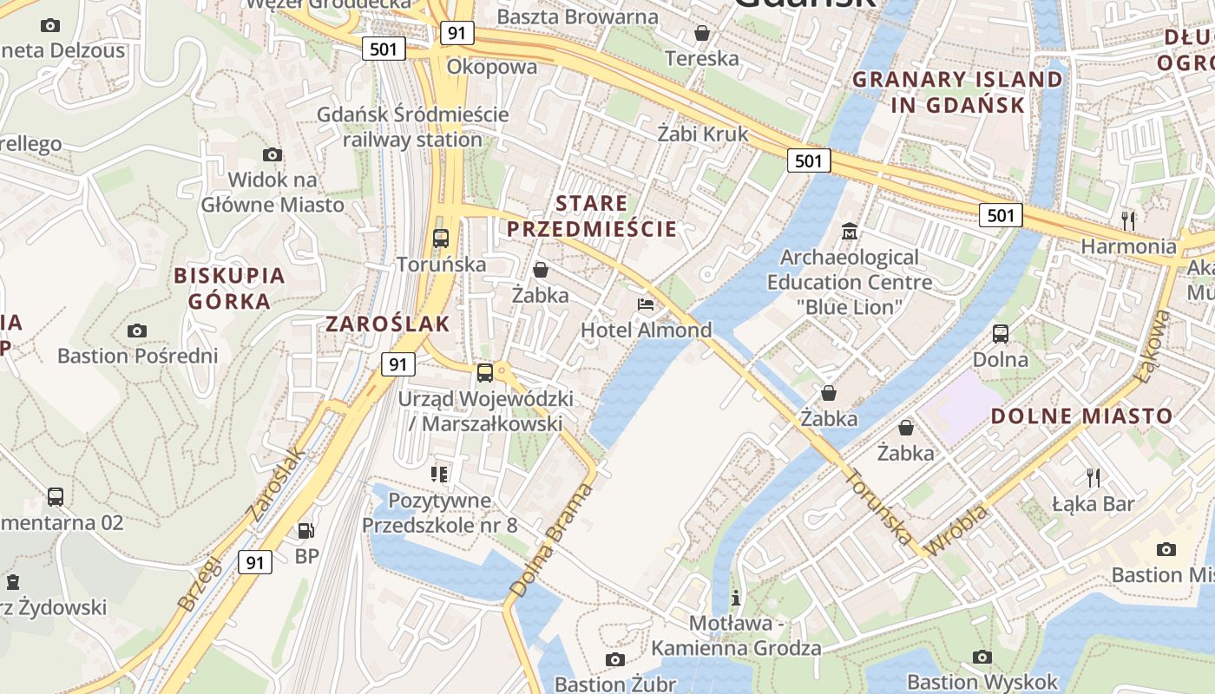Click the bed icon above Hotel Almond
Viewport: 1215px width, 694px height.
point(646,304)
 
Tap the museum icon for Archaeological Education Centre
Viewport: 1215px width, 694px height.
point(850,232)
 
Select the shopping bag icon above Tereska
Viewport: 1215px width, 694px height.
point(701,33)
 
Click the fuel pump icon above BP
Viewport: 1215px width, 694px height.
point(305,530)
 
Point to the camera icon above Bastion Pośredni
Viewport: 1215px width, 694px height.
point(136,331)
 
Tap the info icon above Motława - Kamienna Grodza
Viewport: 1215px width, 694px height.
point(736,598)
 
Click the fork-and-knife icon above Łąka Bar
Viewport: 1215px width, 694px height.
point(1093,477)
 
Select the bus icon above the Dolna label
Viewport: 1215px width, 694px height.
point(1000,334)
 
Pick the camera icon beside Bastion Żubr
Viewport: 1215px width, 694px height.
point(615,660)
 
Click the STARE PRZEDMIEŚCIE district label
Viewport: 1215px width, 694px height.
point(592,217)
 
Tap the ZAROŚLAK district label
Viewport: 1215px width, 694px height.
point(388,324)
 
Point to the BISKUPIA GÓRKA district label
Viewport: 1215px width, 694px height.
point(229,289)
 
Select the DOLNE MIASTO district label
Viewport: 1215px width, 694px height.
point(1081,416)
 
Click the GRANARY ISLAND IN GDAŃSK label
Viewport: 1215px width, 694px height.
point(957,92)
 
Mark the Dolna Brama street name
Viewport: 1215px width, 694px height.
point(552,540)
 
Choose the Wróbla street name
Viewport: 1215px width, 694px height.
point(956,530)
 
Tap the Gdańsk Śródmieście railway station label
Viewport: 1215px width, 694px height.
point(412,127)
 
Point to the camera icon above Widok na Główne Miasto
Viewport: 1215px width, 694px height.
point(273,155)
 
